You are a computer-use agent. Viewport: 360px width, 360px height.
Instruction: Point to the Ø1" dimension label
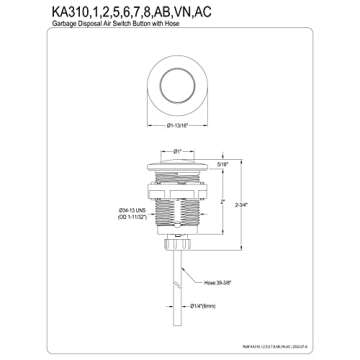point(178,150)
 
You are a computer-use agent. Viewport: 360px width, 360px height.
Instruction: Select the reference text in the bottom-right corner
point(305,346)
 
